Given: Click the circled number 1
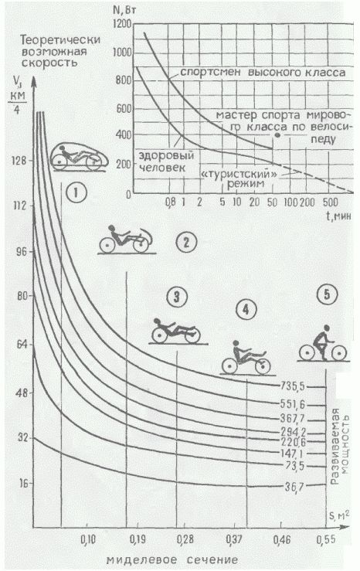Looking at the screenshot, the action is tap(76, 192).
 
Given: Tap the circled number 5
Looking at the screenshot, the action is tap(327, 295).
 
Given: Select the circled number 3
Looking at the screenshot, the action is tap(177, 297).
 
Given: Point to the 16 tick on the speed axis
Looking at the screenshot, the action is tap(23, 483).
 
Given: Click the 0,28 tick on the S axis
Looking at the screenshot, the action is tap(185, 539).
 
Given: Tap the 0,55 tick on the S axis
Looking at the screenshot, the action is tap(326, 539).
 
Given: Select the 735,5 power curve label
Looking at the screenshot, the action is tap(292, 386).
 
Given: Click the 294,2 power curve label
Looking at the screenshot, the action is tap(294, 432).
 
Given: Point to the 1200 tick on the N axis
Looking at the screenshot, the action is tap(122, 25).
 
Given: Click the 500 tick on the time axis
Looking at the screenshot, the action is tap(331, 202).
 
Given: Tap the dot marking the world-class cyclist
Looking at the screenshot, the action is tap(277, 135).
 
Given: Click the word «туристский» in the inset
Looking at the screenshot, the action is tap(239, 174).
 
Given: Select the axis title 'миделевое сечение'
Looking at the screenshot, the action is tap(172, 559).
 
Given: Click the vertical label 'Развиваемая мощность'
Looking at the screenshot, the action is tap(340, 446).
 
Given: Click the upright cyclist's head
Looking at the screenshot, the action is tap(326, 328).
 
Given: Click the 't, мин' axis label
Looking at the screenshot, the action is tap(338, 216).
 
